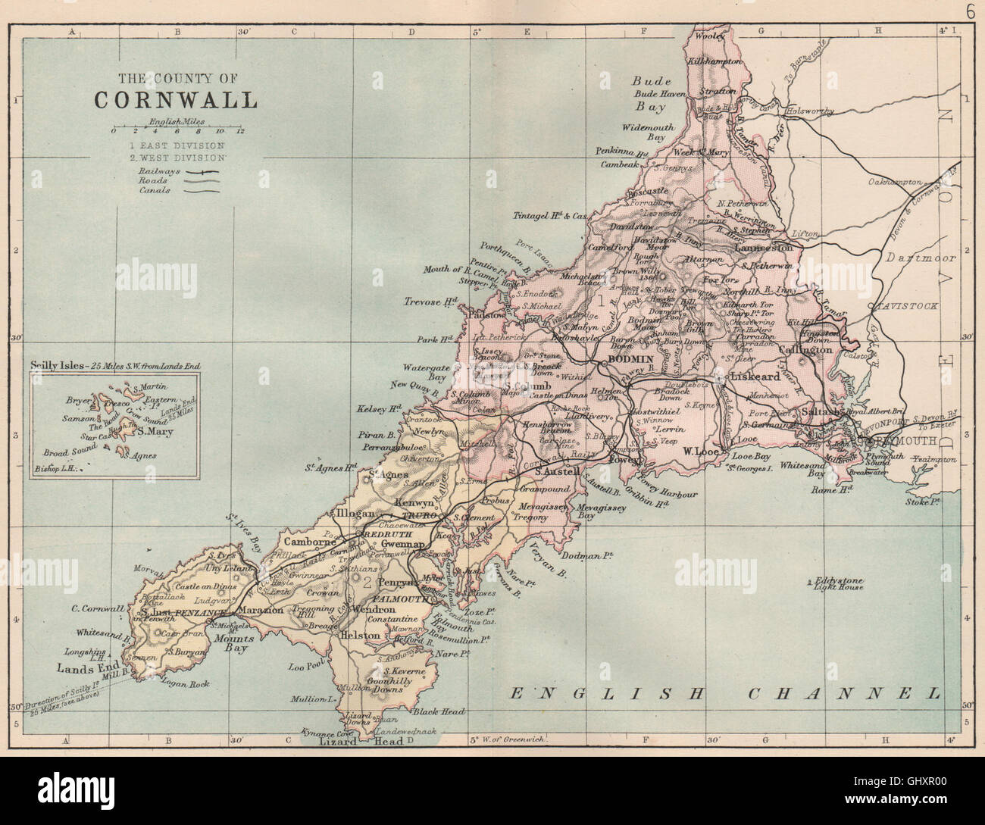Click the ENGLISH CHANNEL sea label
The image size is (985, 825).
point(724,692)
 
